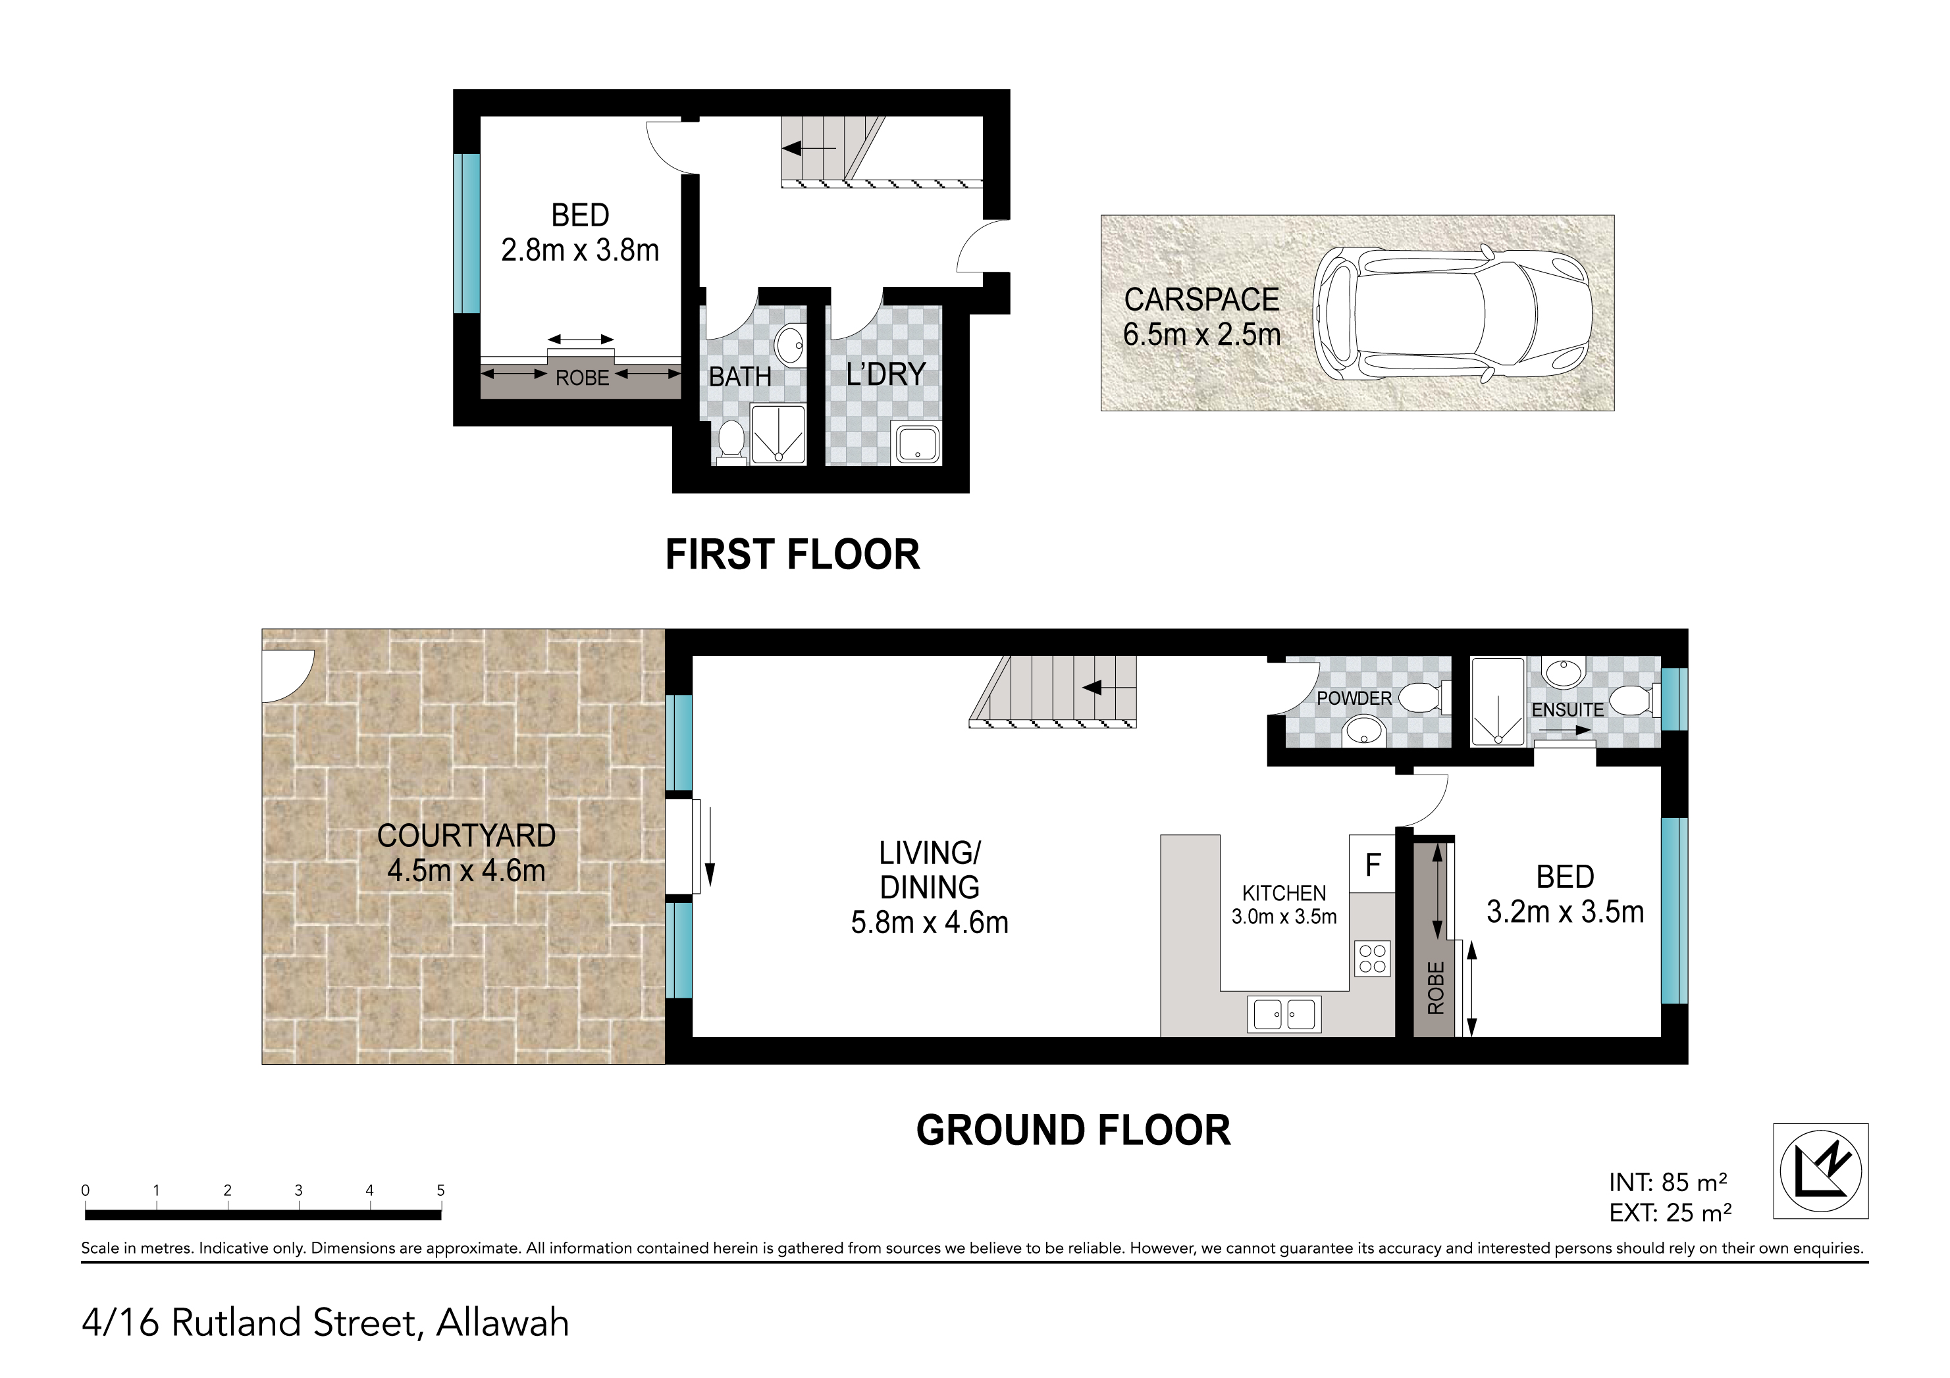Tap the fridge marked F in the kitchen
1373,864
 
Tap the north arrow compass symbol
1821,1171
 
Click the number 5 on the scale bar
441,1190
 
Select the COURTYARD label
466,836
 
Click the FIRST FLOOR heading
793,555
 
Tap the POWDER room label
1354,698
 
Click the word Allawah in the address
503,1323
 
